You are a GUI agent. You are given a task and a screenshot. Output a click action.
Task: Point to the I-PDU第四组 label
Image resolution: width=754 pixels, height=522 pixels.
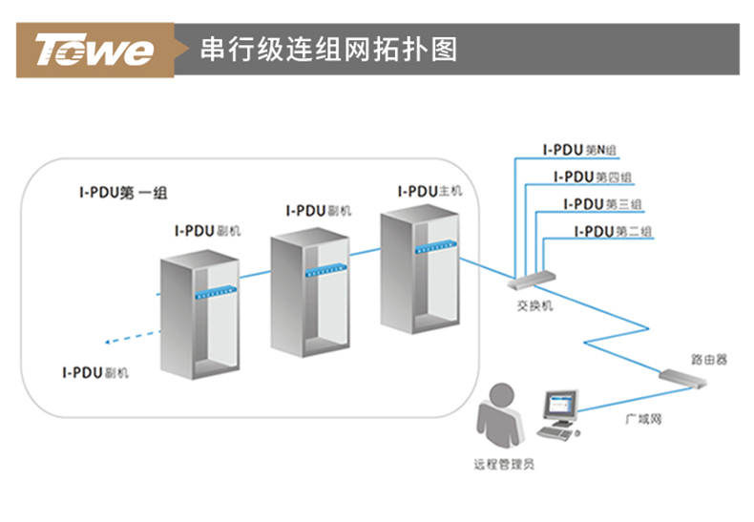pyautogui.click(x=592, y=177)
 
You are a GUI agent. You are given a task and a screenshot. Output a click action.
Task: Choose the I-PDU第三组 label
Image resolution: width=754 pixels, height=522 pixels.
pyautogui.click(x=602, y=204)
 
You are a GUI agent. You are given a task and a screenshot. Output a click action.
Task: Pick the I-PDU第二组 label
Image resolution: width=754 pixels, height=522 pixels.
pyautogui.click(x=613, y=231)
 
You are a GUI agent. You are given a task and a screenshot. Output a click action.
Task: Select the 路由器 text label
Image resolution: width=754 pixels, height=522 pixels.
pyautogui.click(x=708, y=360)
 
